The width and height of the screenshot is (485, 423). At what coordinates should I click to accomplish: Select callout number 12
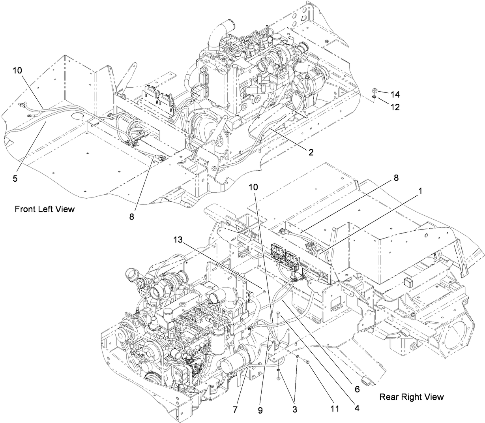[x=395, y=107]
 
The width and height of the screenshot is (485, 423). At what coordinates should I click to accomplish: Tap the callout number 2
[x=311, y=152]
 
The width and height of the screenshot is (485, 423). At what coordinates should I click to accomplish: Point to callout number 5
[x=15, y=179]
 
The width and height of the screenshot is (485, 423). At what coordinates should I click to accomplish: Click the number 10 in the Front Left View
[x=17, y=70]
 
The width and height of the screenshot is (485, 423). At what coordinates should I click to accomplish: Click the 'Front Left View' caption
[x=44, y=209]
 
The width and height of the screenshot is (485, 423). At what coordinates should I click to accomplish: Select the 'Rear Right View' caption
[x=412, y=397]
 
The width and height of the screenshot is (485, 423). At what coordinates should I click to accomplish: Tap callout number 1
[x=421, y=190]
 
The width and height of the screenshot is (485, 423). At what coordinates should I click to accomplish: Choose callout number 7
[x=235, y=409]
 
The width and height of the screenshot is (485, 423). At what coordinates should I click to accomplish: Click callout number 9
[x=260, y=410]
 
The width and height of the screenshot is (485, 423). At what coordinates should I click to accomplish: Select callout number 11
[x=335, y=409]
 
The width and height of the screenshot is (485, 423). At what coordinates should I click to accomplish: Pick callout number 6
[x=357, y=389]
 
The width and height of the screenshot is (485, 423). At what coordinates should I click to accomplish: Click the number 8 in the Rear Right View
[x=395, y=178]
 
